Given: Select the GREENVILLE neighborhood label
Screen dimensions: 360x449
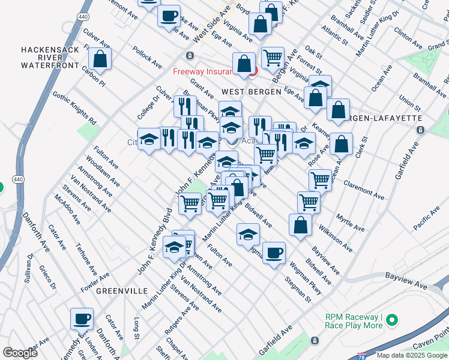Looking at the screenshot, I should click(122, 290).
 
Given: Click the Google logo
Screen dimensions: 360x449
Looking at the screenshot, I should click(20, 353).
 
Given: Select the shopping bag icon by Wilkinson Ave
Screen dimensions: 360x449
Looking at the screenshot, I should click(300, 224).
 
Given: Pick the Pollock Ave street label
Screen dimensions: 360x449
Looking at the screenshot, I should click(148, 58).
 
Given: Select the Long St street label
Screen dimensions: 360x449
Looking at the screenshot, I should click(137, 328).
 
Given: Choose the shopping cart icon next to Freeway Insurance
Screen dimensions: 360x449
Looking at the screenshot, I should click(273, 58).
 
